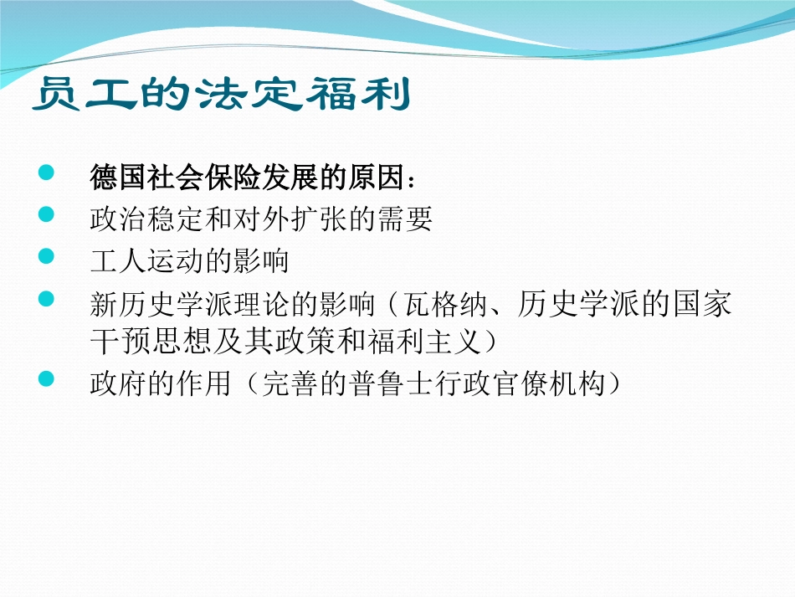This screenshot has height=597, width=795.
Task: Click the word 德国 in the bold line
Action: tap(119, 178)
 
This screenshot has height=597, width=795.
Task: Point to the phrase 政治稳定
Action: tap(147, 219)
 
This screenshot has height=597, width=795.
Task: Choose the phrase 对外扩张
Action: tap(290, 219)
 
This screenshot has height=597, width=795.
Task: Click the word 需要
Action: tap(404, 219)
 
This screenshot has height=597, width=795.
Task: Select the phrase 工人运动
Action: tap(147, 261)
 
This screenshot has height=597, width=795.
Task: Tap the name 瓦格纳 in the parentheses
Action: tap(446, 303)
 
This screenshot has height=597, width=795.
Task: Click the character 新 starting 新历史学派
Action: tap(105, 304)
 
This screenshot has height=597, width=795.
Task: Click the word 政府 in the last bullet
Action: tap(119, 383)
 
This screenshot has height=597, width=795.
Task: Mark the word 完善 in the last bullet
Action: tap(290, 383)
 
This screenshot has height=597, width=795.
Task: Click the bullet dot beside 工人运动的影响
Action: tap(46, 255)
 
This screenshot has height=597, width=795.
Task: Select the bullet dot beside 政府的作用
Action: tap(46, 378)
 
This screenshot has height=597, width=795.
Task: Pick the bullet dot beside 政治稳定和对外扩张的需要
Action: tap(46, 214)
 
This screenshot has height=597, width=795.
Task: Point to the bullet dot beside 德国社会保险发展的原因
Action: tap(46, 172)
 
